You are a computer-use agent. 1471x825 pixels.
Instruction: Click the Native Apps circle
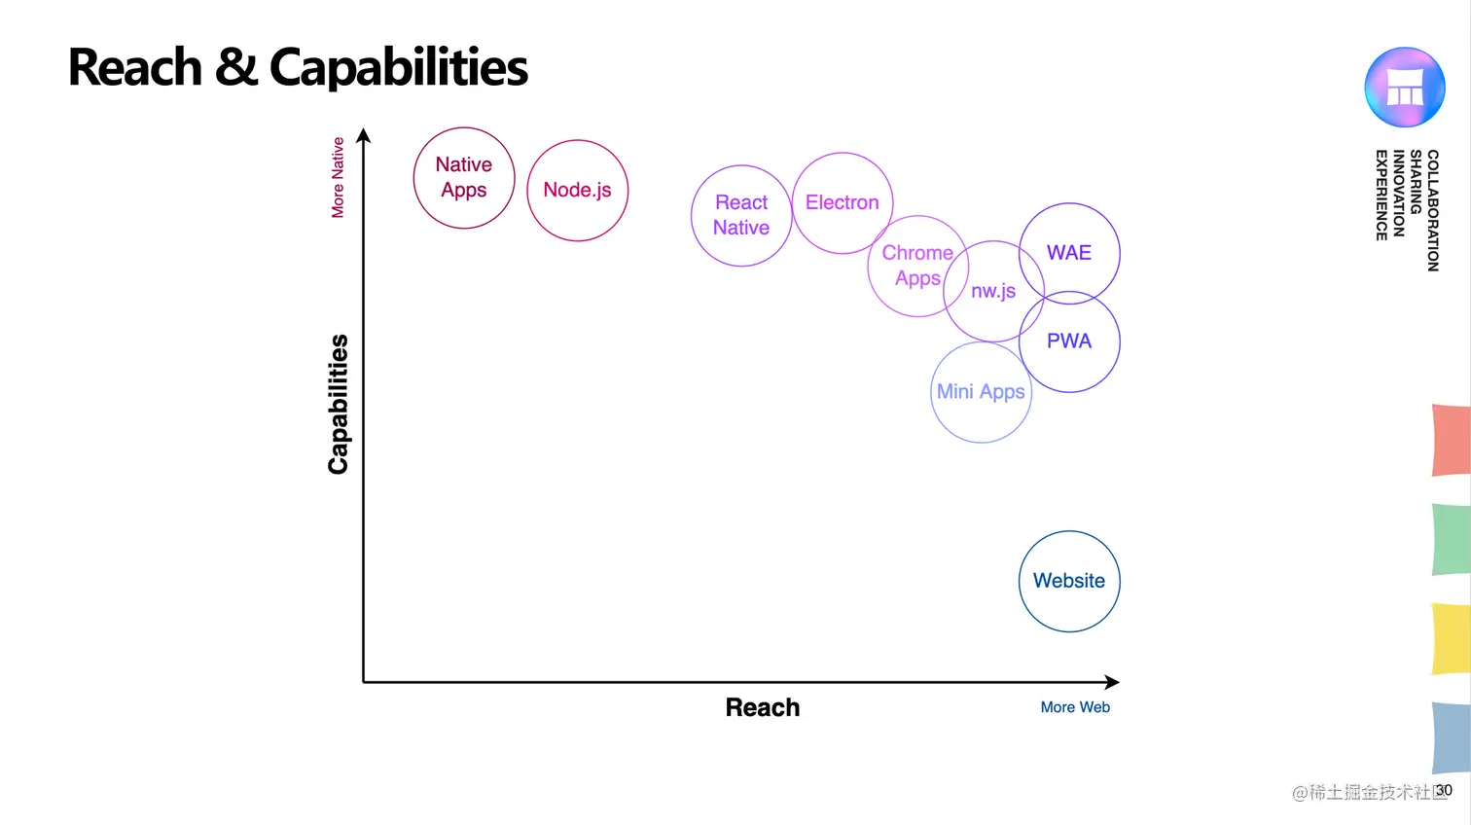click(464, 178)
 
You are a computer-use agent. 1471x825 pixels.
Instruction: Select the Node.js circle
click(578, 191)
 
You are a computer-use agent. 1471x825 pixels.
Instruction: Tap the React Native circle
click(741, 215)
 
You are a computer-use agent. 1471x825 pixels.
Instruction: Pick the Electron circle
click(843, 202)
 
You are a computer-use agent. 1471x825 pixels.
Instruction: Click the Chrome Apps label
click(917, 266)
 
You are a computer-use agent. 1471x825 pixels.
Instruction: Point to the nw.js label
click(993, 291)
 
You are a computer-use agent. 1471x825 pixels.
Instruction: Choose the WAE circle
click(1069, 253)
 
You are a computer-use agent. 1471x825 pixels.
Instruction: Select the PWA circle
click(1069, 341)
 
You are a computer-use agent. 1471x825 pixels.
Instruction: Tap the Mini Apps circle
click(981, 392)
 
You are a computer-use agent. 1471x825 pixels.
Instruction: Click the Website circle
click(1069, 581)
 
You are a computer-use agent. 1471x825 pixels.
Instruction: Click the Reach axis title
click(763, 707)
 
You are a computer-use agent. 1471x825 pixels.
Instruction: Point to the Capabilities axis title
click(339, 405)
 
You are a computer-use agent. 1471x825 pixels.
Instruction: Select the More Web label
click(1075, 707)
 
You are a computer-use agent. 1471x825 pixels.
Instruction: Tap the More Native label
click(338, 177)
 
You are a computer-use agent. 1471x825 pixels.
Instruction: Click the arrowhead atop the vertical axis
click(364, 135)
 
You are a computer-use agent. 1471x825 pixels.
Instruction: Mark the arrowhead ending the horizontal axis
click(1112, 682)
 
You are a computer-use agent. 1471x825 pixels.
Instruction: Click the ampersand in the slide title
click(235, 67)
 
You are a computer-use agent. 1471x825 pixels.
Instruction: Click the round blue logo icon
click(1404, 88)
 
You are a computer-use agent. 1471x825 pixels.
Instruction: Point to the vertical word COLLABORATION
click(1432, 210)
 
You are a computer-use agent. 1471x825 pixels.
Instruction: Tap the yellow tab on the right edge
click(1452, 639)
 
